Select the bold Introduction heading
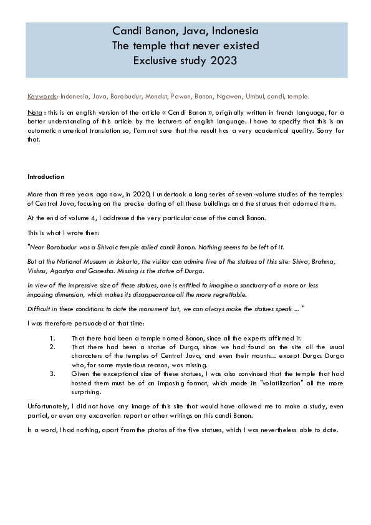click(46, 176)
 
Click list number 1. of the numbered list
click(52, 339)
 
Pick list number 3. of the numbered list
click(52, 374)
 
